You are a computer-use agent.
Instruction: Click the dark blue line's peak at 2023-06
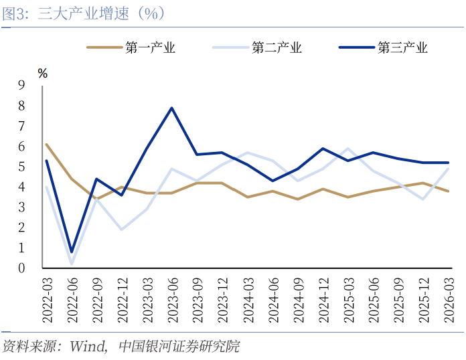click(x=172, y=108)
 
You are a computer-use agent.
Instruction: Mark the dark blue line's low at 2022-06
click(x=72, y=252)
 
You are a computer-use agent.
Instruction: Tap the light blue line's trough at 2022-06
click(x=72, y=264)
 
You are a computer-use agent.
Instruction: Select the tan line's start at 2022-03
click(x=46, y=144)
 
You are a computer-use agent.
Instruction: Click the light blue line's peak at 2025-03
click(x=347, y=149)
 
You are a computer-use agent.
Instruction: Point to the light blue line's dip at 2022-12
click(x=122, y=230)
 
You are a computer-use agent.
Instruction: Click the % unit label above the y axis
click(x=42, y=74)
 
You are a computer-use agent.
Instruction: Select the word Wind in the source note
click(x=88, y=347)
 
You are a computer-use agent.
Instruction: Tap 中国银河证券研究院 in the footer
click(x=178, y=347)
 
